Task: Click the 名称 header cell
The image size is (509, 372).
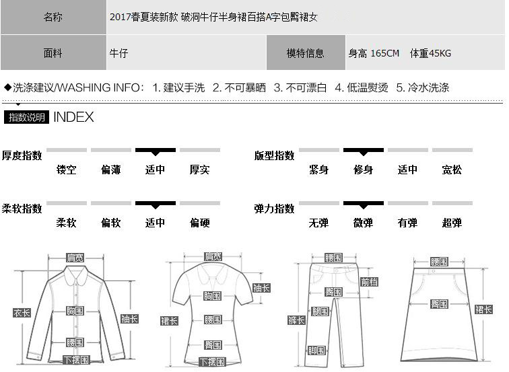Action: (x=53, y=17)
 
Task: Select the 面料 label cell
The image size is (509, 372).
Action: (x=53, y=53)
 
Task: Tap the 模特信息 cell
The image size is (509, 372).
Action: (x=305, y=53)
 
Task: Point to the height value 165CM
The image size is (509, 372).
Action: (x=374, y=53)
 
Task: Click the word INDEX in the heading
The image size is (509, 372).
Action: (x=73, y=117)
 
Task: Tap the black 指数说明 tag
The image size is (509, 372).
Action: (x=27, y=118)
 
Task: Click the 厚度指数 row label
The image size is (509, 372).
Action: (x=22, y=155)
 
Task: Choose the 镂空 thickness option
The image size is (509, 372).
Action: (x=67, y=170)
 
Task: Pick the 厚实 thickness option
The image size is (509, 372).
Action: (x=199, y=170)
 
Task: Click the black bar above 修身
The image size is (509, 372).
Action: (x=364, y=150)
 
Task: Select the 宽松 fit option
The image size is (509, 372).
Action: (x=452, y=170)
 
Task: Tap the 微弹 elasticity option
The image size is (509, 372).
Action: (x=364, y=223)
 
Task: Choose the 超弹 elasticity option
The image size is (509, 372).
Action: (x=452, y=223)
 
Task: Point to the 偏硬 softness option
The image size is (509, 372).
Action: (x=199, y=223)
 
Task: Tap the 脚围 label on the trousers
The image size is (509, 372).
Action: (x=316, y=350)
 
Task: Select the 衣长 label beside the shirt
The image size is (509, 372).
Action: (x=22, y=312)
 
